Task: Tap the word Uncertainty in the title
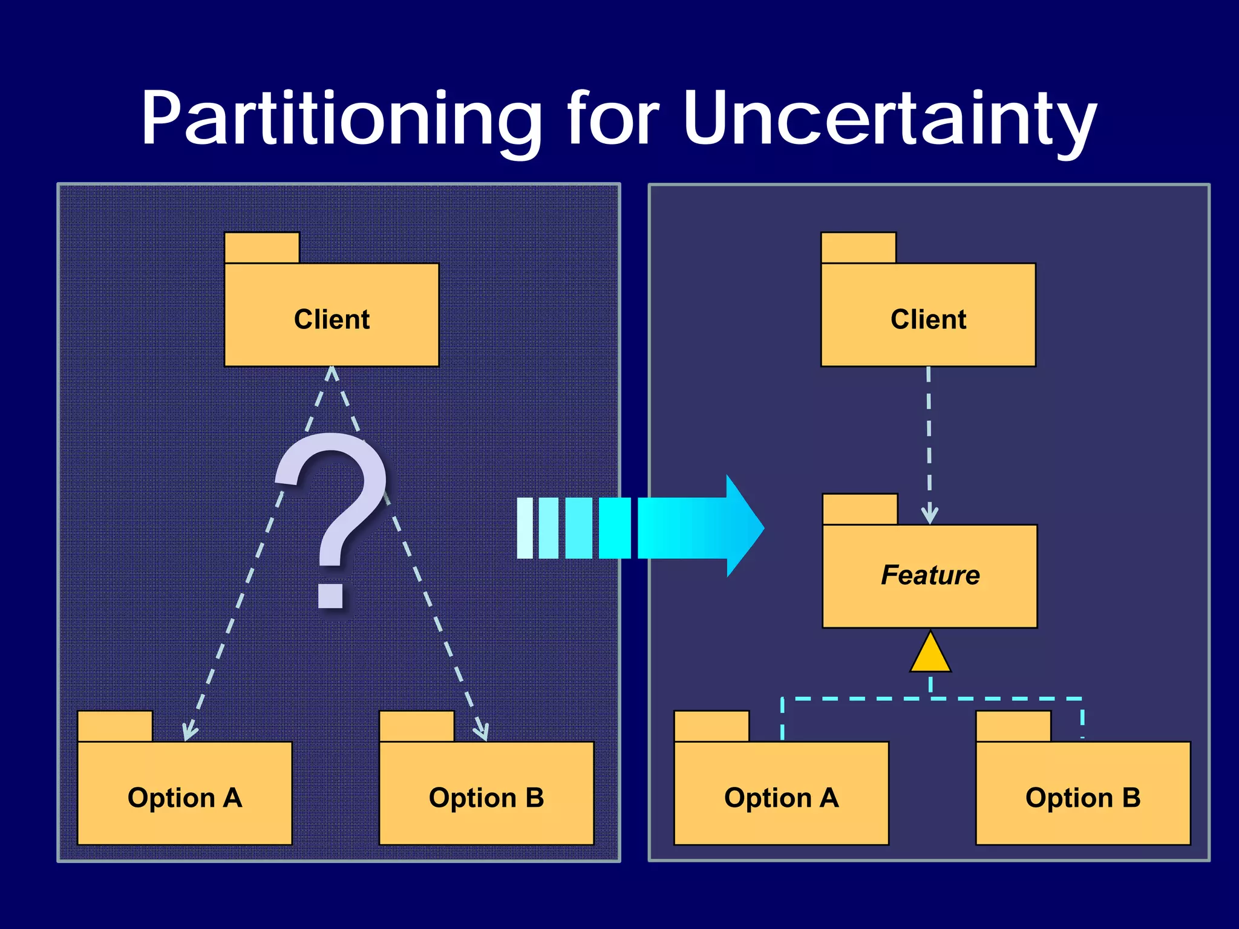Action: click(889, 119)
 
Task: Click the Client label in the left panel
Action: click(332, 319)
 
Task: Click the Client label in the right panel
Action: click(928, 319)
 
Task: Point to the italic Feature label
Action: click(930, 575)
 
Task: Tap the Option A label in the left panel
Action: click(185, 798)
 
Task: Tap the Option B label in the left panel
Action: click(486, 798)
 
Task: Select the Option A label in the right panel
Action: click(781, 798)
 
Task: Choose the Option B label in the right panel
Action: click(1083, 798)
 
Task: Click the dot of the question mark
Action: click(331, 595)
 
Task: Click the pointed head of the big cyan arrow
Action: click(745, 526)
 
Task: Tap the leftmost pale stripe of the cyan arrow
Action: click(525, 528)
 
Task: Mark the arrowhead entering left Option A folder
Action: click(189, 732)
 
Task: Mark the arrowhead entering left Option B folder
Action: click(482, 732)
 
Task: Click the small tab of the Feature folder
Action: click(860, 509)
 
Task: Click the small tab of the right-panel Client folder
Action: click(858, 248)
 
